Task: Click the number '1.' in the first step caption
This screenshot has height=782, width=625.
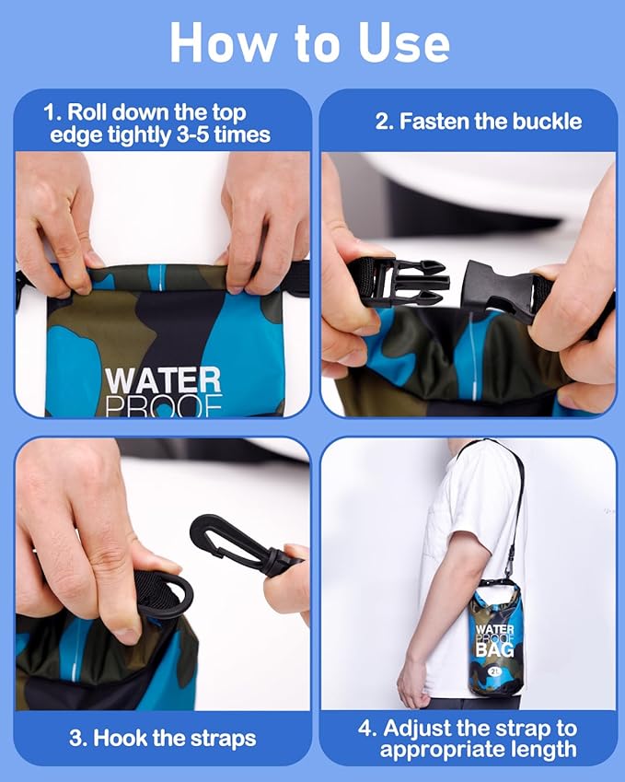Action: click(x=53, y=113)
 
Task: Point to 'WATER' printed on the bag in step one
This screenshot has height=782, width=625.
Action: click(x=162, y=379)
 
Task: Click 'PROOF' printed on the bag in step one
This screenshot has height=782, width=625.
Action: click(x=162, y=405)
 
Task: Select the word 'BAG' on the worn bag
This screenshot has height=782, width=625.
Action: click(x=495, y=651)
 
